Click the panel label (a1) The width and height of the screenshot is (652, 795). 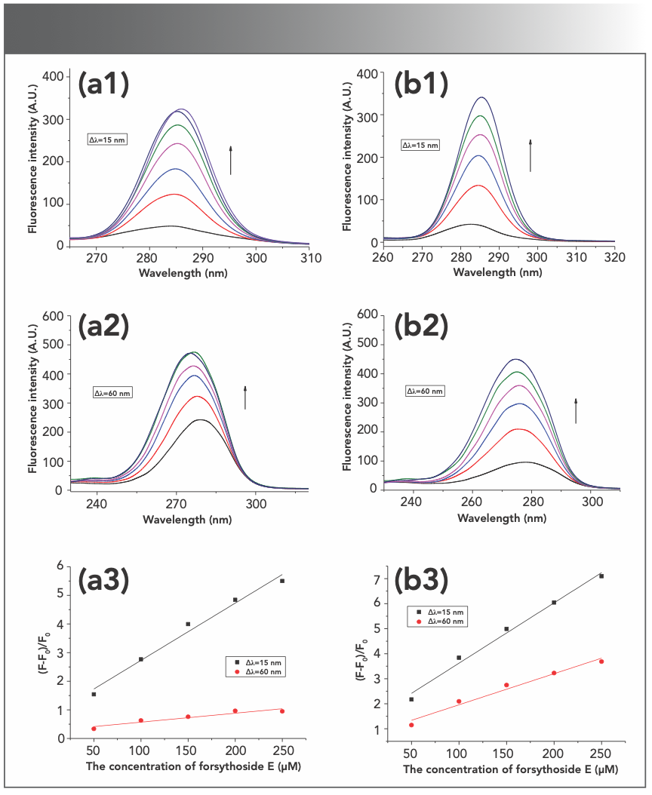[x=104, y=85]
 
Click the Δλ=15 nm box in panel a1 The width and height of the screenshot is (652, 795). [x=108, y=139]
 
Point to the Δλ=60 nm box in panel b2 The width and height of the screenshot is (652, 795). [x=426, y=391]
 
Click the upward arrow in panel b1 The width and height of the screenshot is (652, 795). [x=531, y=155]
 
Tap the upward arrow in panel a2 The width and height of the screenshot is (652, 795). [x=245, y=397]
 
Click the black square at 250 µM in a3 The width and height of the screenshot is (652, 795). [x=282, y=581]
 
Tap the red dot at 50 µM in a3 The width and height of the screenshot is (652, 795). [x=94, y=728]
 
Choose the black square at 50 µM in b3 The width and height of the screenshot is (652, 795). [x=411, y=699]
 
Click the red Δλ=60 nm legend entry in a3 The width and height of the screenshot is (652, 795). [x=261, y=671]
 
